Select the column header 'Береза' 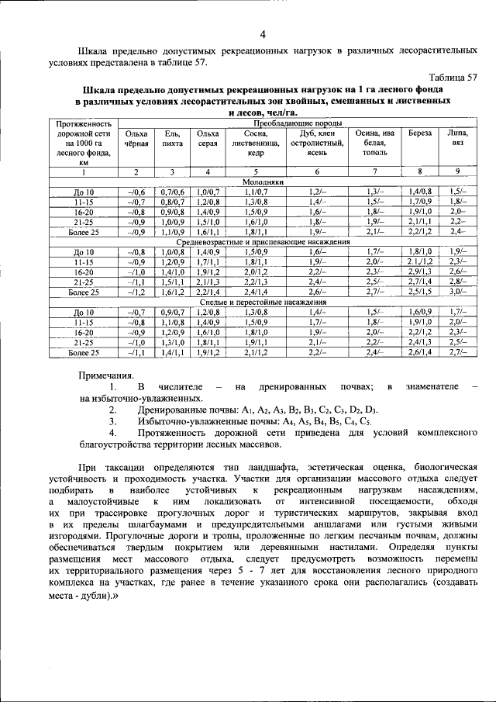click(x=420, y=133)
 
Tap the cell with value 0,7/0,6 click(x=172, y=191)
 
